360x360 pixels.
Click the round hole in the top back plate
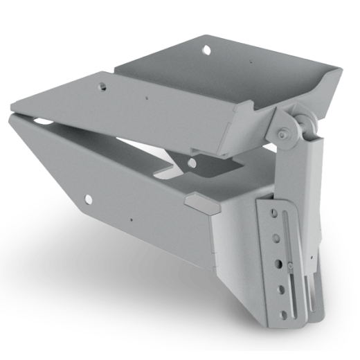(x=206, y=49)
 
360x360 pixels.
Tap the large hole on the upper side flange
(x=102, y=87)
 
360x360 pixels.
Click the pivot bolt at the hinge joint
(x=282, y=134)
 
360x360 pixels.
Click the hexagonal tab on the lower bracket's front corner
(x=197, y=202)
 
